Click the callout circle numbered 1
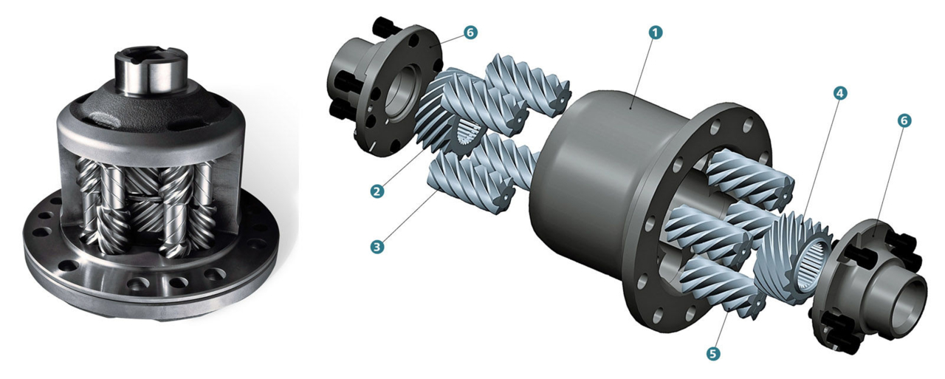pyautogui.click(x=655, y=33)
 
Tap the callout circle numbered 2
pyautogui.click(x=377, y=191)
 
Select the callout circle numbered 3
pyautogui.click(x=377, y=247)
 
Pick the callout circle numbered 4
pyautogui.click(x=839, y=93)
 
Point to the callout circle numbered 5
pyautogui.click(x=712, y=353)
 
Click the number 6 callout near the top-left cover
pyautogui.click(x=470, y=33)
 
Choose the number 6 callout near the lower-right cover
pyautogui.click(x=903, y=120)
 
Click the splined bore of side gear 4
pyautogui.click(x=811, y=267)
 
